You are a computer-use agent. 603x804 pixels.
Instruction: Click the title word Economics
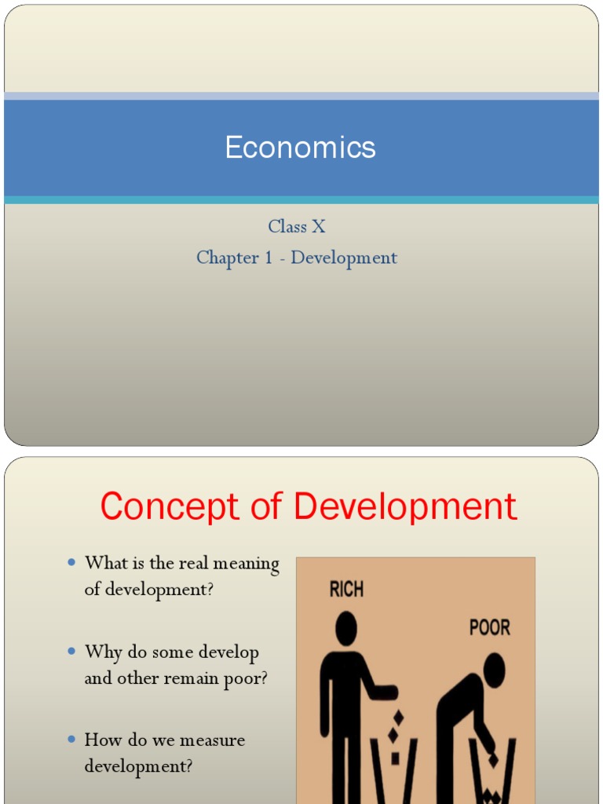coord(301,148)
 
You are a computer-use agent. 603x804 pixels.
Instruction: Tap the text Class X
coord(297,227)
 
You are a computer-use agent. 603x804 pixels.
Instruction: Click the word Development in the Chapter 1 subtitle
coord(344,258)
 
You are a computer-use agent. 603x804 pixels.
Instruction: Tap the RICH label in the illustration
coord(346,589)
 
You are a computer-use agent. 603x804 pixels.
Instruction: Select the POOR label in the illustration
coord(489,627)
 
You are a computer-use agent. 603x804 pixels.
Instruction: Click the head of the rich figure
coord(346,628)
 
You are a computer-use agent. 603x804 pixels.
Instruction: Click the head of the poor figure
coord(494,670)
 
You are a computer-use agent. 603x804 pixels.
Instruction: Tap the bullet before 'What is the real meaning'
coord(71,562)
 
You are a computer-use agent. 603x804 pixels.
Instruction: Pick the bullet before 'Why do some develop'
coord(71,651)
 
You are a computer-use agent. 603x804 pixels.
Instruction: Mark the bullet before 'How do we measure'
coord(71,739)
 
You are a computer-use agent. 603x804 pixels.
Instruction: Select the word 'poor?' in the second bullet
coord(247,678)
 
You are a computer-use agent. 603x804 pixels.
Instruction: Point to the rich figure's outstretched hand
coord(388,693)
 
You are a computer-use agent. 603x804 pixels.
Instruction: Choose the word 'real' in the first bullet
coord(195,564)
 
